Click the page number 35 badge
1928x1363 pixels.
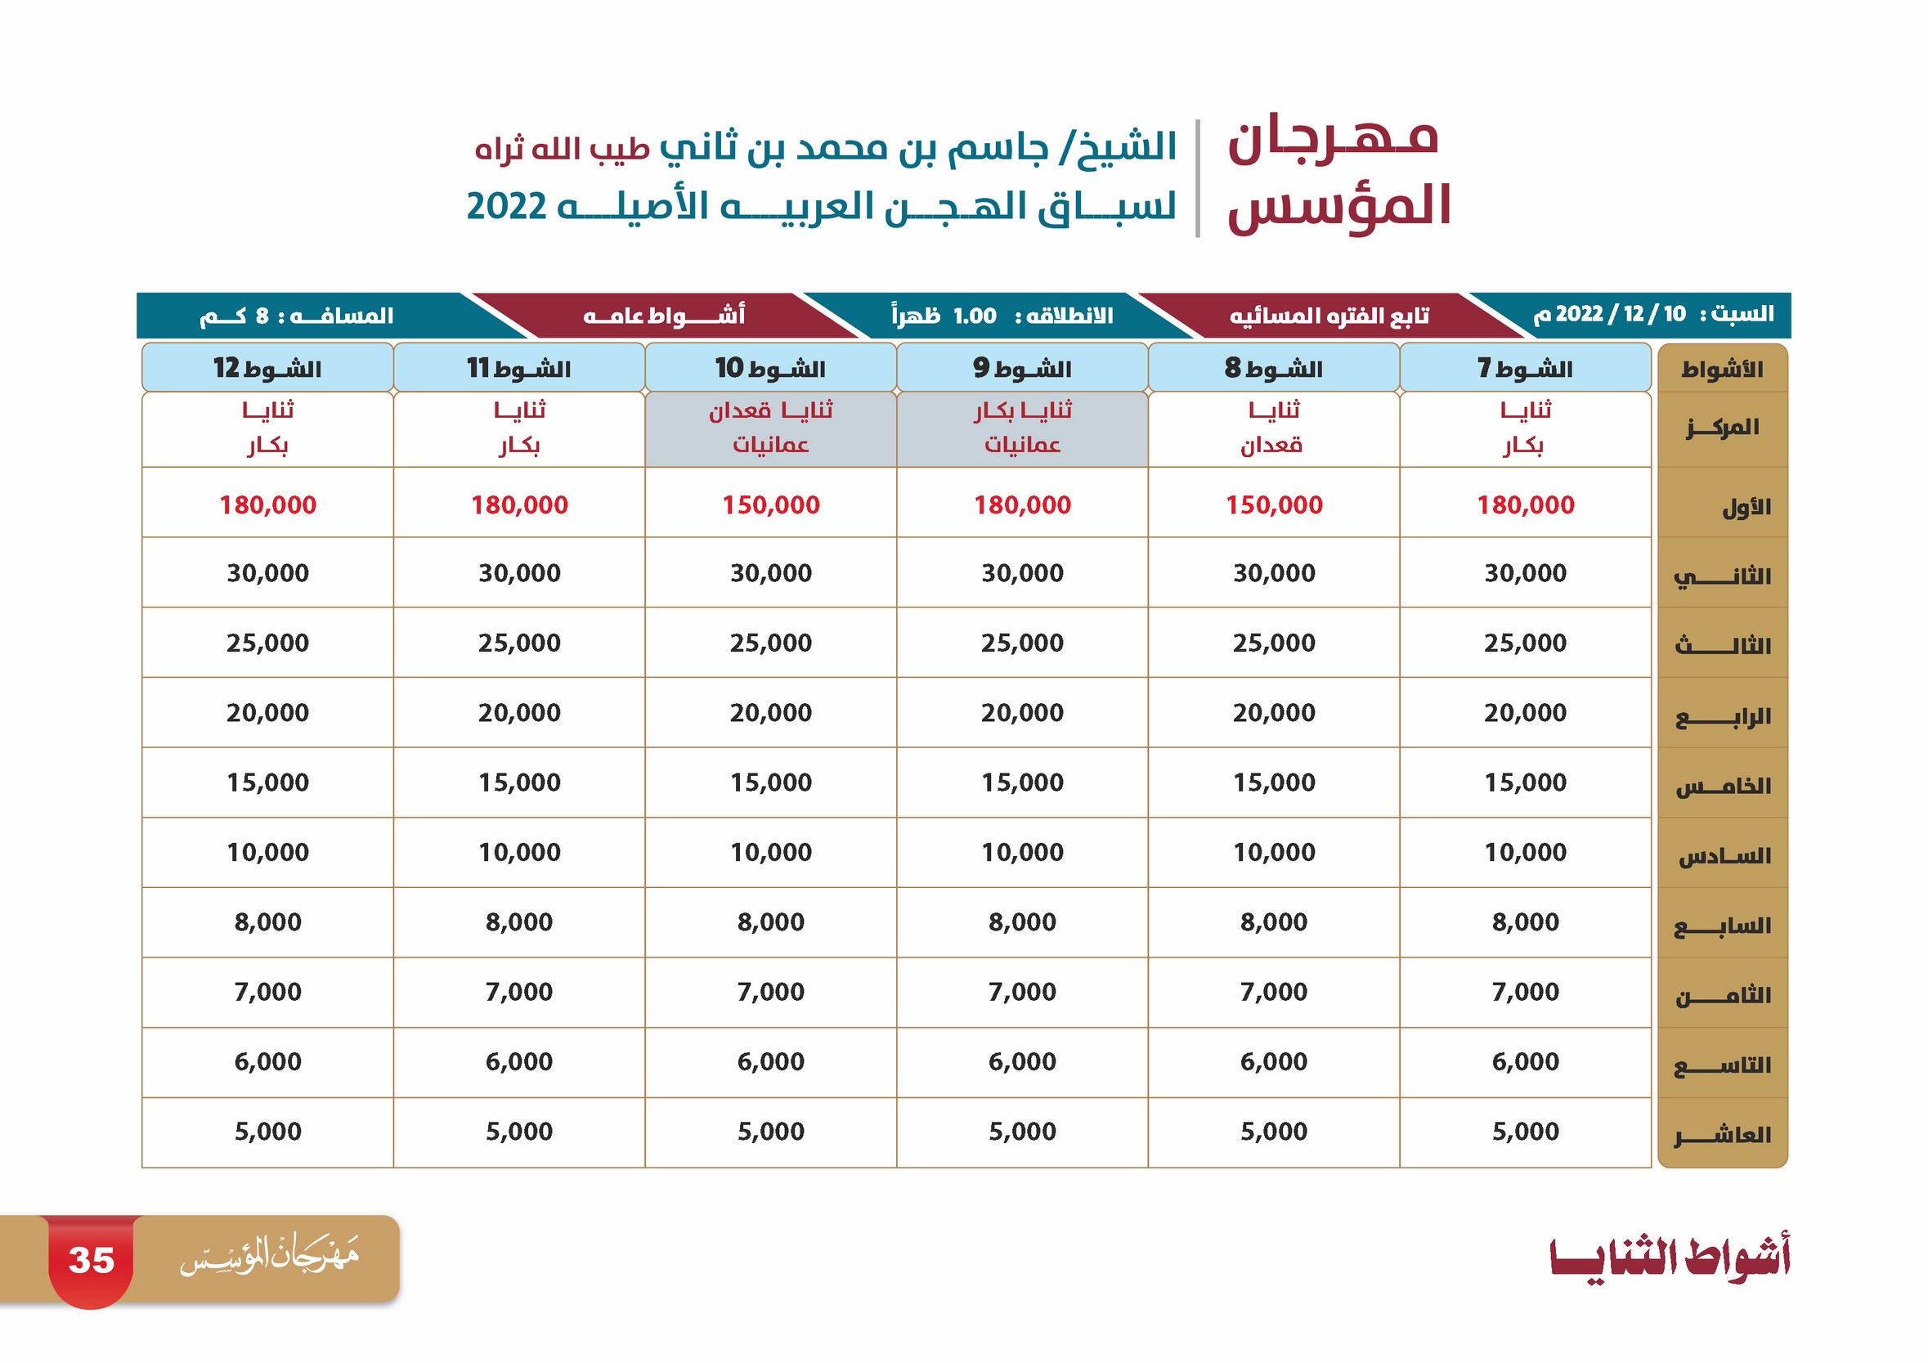click(91, 1261)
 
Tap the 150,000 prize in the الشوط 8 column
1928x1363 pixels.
click(1274, 504)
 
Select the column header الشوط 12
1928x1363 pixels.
click(268, 368)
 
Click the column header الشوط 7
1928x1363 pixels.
click(1526, 368)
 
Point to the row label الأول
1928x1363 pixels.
click(1746, 507)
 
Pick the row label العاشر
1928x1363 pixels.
click(1722, 1136)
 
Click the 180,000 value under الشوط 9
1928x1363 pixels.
click(1023, 504)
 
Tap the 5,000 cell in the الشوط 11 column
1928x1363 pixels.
click(519, 1132)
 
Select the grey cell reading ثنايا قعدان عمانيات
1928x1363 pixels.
click(771, 429)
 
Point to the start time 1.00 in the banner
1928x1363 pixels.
click(975, 316)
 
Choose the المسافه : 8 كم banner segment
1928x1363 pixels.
click(297, 316)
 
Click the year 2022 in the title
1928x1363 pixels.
click(506, 206)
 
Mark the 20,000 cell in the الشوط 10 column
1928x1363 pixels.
click(771, 712)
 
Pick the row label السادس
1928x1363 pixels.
click(1724, 857)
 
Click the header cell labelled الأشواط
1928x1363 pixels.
click(1722, 369)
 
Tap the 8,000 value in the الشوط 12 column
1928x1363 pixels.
click(268, 921)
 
